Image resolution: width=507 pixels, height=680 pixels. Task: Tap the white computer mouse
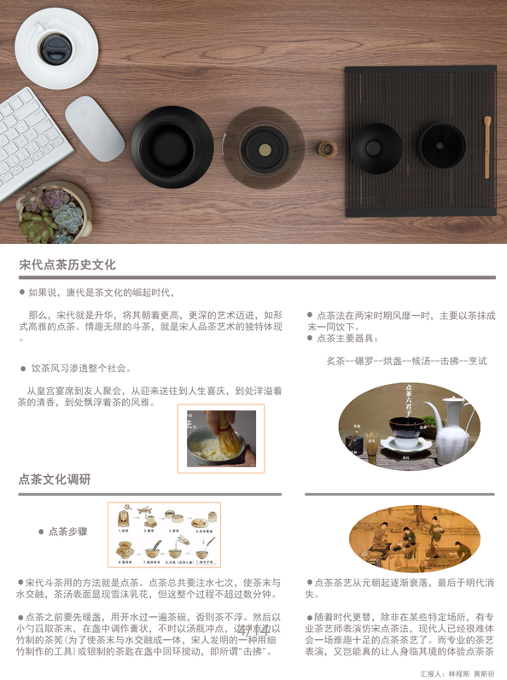click(x=95, y=128)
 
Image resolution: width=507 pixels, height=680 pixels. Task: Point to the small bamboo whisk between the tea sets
click(x=324, y=150)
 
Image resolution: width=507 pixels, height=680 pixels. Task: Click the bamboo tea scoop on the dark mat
click(x=487, y=146)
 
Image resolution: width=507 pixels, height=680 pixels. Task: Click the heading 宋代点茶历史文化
click(x=67, y=265)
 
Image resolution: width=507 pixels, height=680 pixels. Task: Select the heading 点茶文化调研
click(x=55, y=479)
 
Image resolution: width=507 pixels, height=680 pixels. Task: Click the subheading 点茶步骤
click(x=67, y=531)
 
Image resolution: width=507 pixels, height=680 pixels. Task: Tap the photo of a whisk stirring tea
click(x=221, y=439)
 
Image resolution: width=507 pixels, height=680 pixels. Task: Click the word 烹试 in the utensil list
click(x=477, y=361)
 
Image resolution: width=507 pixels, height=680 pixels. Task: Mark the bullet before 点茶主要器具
click(x=310, y=338)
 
